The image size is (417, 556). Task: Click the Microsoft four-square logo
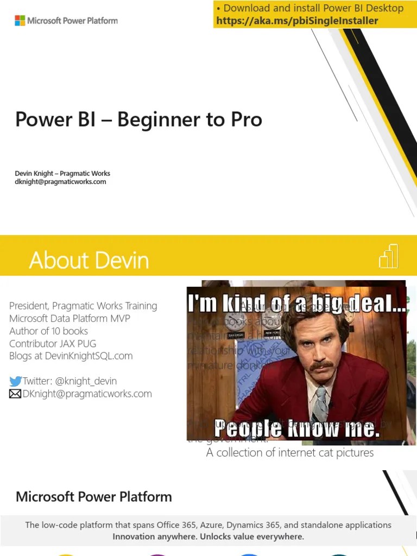[x=20, y=21]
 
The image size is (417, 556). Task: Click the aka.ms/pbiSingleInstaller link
[x=297, y=21]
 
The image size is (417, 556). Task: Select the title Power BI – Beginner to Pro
[x=138, y=119]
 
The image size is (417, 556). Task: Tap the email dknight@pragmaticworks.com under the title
[x=60, y=182]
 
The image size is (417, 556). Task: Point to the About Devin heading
[x=89, y=261]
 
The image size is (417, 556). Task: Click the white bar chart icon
[x=389, y=256]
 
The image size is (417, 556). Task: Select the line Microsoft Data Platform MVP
[x=69, y=318]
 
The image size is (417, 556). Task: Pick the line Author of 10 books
[x=48, y=331]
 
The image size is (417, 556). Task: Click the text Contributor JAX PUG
[x=53, y=343]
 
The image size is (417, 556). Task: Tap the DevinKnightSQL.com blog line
[x=71, y=356]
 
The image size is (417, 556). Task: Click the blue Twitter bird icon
[x=15, y=381]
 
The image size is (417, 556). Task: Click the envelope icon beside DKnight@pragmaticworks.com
[x=15, y=394]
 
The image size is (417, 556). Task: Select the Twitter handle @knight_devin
[x=86, y=381]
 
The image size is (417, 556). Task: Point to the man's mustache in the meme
[x=321, y=365]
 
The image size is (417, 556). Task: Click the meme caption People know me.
[x=296, y=429]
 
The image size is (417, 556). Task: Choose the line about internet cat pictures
[x=290, y=452]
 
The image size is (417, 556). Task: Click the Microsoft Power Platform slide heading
[x=93, y=496]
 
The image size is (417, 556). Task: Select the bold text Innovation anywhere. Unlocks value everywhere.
[x=208, y=536]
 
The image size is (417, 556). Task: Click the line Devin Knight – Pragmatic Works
[x=62, y=173]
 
